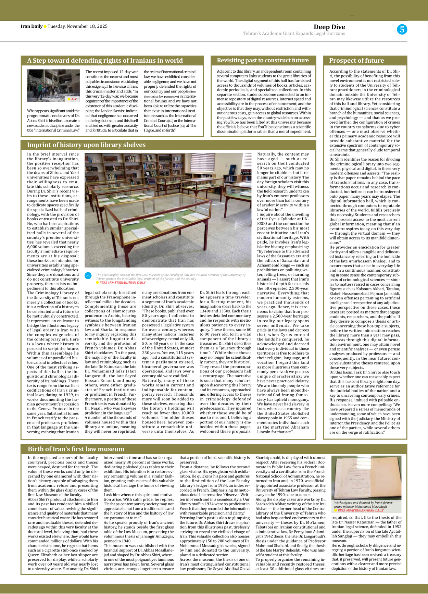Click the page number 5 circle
402,29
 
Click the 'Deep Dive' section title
329,27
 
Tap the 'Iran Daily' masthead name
32,26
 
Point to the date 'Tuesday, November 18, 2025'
77,26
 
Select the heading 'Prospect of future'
356,61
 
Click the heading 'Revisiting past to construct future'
263,60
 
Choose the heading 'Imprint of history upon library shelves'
86,145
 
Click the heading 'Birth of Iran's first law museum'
76,449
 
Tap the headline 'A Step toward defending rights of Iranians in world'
105,61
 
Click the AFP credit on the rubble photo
73,99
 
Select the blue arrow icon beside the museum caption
88,276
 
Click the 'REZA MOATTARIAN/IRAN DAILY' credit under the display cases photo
122,283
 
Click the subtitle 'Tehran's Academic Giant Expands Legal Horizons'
294,34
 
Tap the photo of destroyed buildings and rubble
53,86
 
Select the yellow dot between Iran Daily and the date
45,26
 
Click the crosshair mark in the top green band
352,15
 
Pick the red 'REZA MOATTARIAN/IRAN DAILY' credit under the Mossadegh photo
360,510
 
